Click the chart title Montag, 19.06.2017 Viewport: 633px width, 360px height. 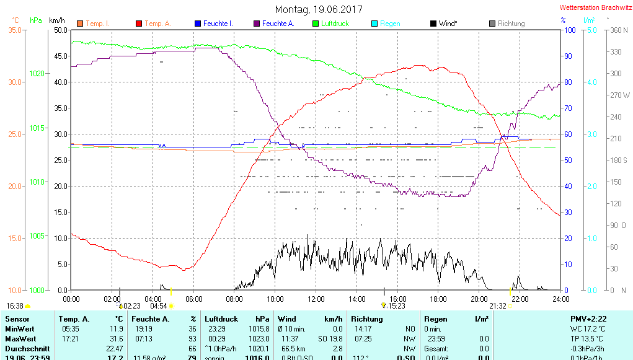[x=319, y=9]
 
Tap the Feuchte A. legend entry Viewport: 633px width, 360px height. [x=277, y=24]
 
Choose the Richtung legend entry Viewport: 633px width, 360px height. [x=511, y=24]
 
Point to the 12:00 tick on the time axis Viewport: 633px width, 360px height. [x=316, y=299]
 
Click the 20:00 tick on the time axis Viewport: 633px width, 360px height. [x=479, y=299]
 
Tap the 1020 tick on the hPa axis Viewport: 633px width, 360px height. [x=37, y=74]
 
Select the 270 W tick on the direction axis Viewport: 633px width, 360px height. [x=620, y=95]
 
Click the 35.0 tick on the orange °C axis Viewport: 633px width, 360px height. [x=15, y=30]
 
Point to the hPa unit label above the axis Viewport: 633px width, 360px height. [x=36, y=20]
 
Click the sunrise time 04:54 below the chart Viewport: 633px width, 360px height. [x=159, y=305]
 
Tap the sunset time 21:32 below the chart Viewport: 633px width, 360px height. [x=498, y=305]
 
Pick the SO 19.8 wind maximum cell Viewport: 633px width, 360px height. [x=329, y=339]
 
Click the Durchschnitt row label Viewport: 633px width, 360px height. [x=25, y=349]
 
